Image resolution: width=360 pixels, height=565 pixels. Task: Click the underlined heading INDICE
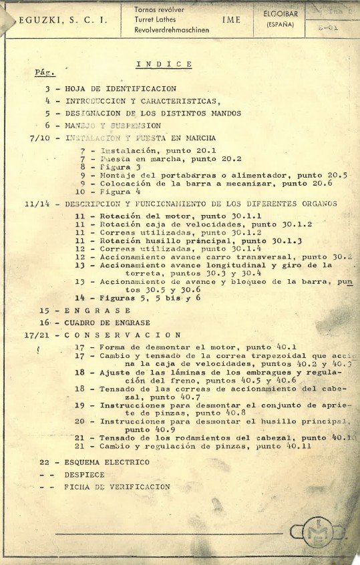[x=164, y=64]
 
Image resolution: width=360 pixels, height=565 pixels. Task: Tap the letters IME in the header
[x=231, y=21]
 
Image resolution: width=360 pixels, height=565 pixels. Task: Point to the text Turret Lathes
[x=156, y=21]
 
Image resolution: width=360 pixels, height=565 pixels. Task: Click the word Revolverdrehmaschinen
[x=172, y=31]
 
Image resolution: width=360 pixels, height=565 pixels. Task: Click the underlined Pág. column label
[x=44, y=72]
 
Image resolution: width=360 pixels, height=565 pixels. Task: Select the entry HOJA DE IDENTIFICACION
[x=120, y=89]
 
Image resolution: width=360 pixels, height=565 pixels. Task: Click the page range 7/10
[x=41, y=138]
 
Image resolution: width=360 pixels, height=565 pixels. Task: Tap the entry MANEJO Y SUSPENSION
[x=112, y=126]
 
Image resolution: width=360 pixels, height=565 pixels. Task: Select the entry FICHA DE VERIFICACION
[x=117, y=487]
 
